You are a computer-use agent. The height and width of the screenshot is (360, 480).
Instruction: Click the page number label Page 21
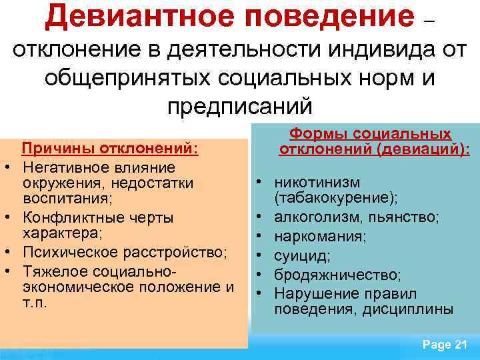(445, 345)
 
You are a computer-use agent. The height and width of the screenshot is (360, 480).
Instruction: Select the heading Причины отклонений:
(111, 148)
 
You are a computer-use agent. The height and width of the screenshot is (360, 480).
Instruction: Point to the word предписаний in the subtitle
(239, 105)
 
